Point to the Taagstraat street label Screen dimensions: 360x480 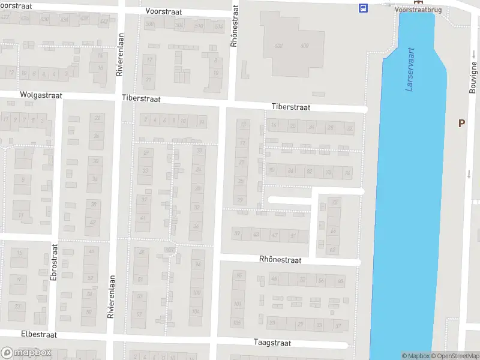click(272, 343)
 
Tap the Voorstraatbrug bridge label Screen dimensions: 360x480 click(418, 10)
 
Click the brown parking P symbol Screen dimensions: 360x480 click(461, 123)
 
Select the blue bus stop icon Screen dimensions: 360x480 click(363, 8)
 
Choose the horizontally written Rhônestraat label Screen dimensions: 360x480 click(280, 260)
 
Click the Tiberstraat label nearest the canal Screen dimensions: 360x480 click(290, 107)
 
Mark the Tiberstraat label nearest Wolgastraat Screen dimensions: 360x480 click(140, 98)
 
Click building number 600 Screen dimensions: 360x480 click(304, 46)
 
